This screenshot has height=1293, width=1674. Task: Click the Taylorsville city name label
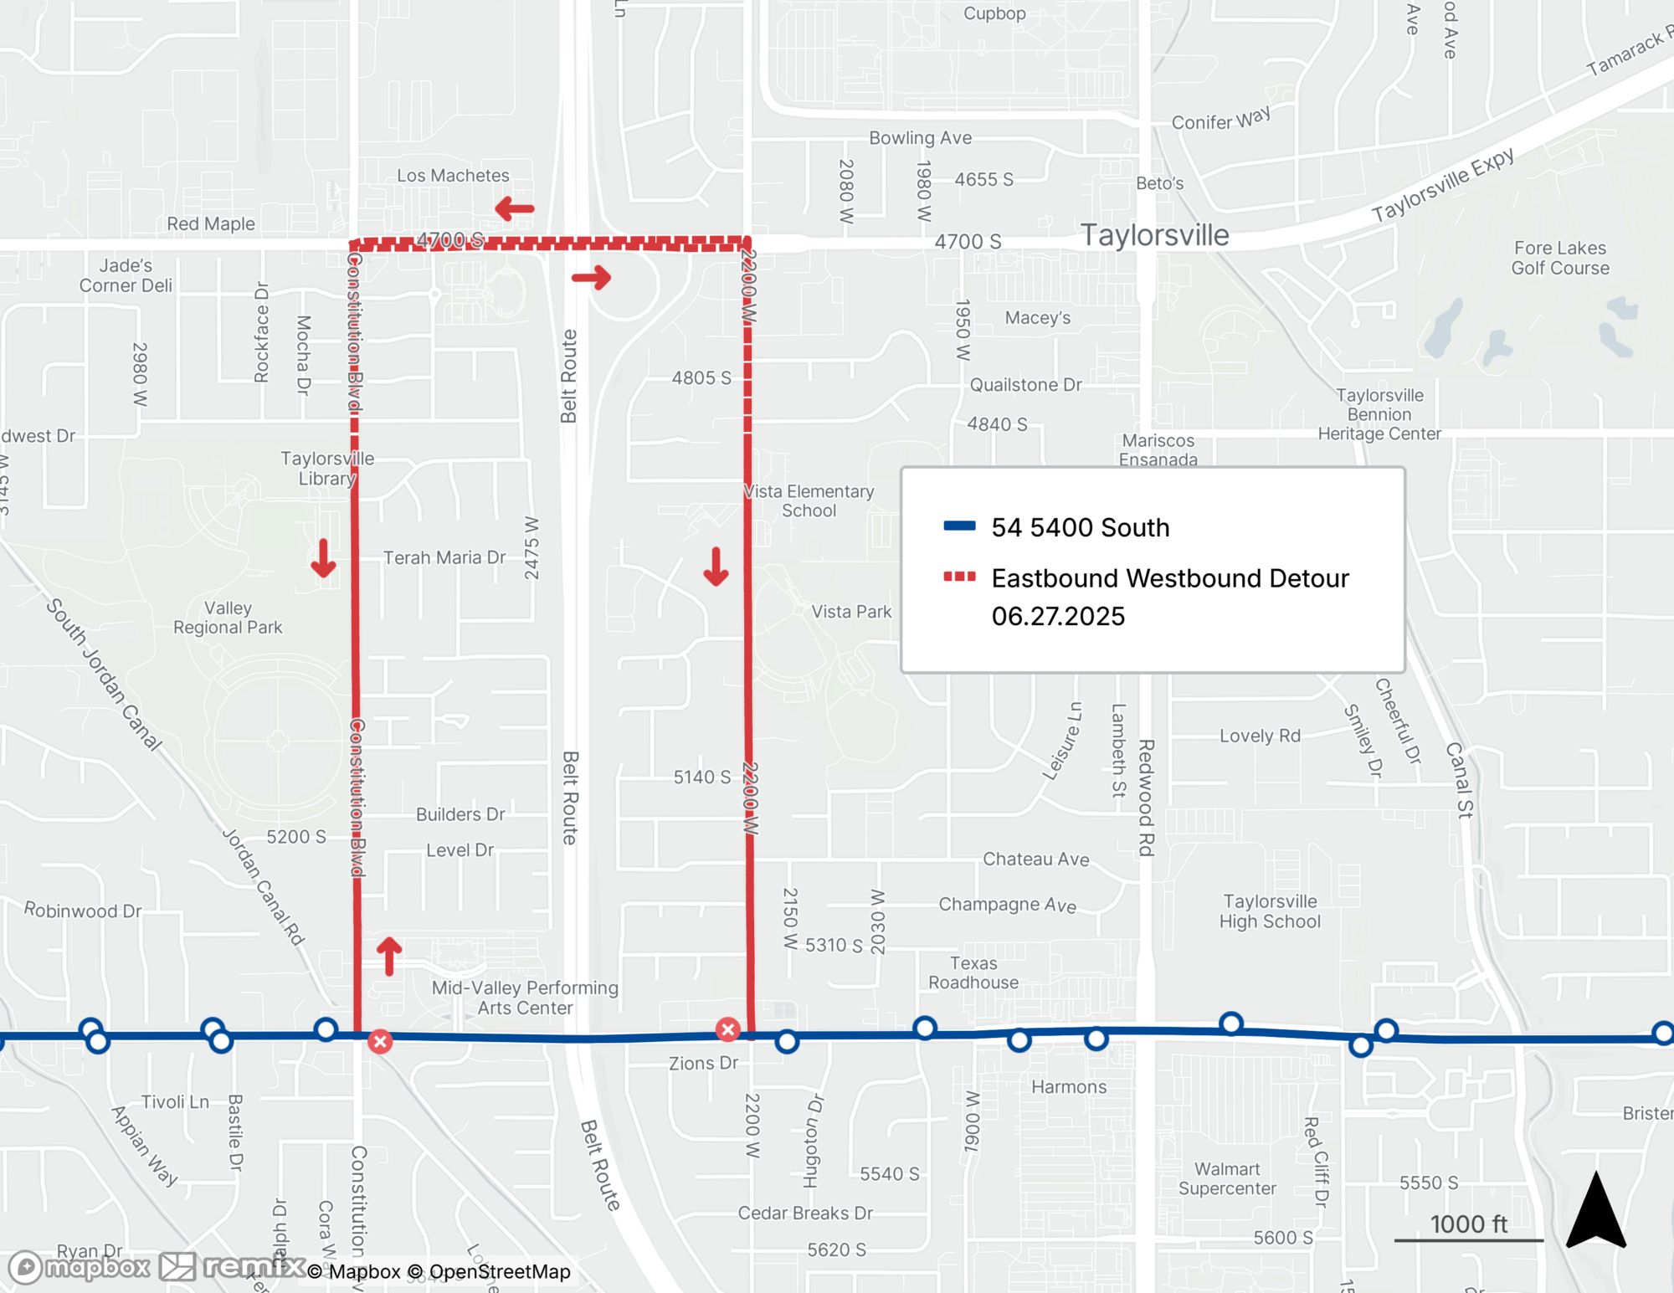tap(1154, 235)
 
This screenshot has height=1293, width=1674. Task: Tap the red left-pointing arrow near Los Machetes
tap(514, 208)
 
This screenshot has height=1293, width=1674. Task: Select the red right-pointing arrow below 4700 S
tap(592, 277)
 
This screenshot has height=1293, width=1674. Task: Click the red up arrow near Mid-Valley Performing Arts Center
tap(389, 956)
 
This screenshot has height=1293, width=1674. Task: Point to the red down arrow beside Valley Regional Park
tap(323, 558)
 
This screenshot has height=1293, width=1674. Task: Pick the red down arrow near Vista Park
tap(716, 567)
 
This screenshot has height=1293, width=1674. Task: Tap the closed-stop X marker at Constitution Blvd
tap(380, 1041)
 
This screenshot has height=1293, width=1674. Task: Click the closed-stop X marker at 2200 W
tap(727, 1029)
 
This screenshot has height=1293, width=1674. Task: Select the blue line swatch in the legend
tap(959, 526)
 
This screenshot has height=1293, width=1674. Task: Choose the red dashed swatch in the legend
tap(959, 577)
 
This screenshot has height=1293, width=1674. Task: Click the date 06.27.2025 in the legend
tap(1058, 617)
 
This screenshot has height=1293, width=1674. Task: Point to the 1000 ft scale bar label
tap(1468, 1224)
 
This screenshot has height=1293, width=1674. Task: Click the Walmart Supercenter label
tap(1227, 1178)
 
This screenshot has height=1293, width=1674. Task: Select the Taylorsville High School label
tap(1270, 911)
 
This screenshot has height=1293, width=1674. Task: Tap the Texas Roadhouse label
tap(973, 972)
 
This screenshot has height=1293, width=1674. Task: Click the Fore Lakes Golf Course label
tap(1559, 258)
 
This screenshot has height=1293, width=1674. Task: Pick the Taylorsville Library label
tap(327, 469)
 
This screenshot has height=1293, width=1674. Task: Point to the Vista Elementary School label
tap(809, 500)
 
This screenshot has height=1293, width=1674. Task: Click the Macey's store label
tap(1037, 318)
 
